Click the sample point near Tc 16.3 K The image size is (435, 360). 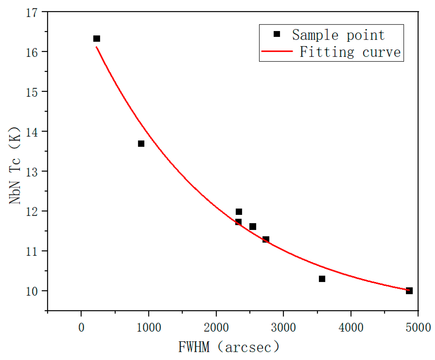pos(97,39)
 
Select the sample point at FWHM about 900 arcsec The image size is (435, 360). pos(141,144)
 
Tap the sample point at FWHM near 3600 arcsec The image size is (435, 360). pos(322,279)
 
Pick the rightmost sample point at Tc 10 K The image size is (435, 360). pos(409,291)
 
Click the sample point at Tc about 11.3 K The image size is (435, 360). pos(266,239)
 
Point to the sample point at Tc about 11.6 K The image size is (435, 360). pos(253,227)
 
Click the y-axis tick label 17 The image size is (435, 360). pos(32,13)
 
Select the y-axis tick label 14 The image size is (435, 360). pos(32,132)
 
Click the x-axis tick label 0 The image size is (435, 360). pos(81,328)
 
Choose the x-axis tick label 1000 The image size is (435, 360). pos(149,328)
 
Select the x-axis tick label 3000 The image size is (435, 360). pos(283,328)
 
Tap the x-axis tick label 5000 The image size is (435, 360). pos(418,328)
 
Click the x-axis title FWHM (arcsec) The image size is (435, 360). pos(229,347)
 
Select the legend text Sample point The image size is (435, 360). pos(338,35)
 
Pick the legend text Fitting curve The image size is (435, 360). pos(350,52)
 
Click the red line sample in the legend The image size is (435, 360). pos(277,51)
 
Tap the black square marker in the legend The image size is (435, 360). pos(277,34)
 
